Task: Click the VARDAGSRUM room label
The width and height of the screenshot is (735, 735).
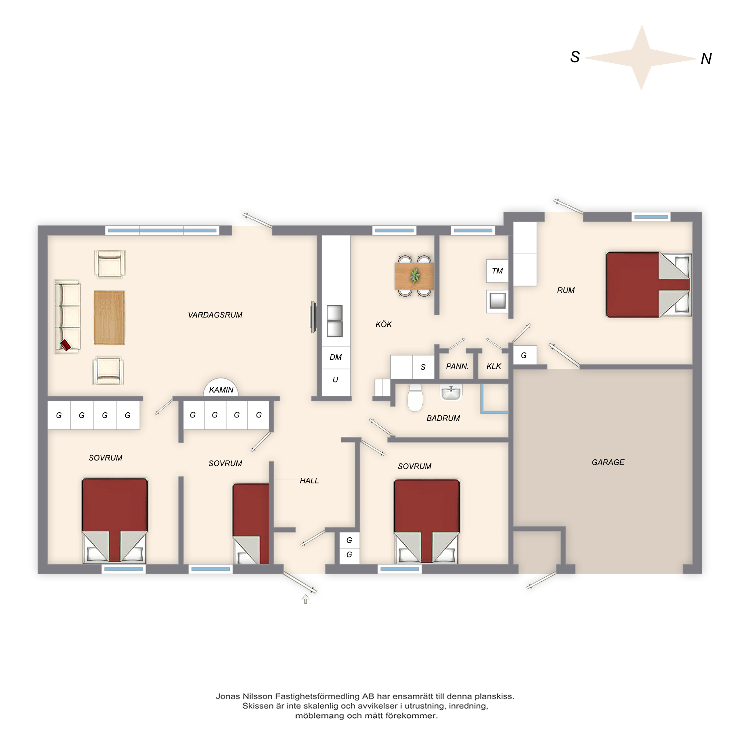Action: tap(215, 315)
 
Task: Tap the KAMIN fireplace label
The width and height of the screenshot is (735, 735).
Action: tap(221, 390)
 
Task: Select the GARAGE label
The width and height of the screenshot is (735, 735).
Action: tap(608, 462)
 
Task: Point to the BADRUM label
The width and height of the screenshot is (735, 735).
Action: tap(443, 418)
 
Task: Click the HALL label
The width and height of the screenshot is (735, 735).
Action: tap(309, 481)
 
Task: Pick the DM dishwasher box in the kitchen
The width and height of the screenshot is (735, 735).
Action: tap(336, 358)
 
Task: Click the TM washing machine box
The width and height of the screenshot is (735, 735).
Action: tap(497, 271)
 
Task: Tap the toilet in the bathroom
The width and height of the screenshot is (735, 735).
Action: tap(415, 398)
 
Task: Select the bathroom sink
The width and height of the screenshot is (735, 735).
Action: tap(451, 392)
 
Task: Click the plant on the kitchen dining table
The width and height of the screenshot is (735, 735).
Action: tap(415, 275)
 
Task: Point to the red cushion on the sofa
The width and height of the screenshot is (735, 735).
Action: tap(65, 345)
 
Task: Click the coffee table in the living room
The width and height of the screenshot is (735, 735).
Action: tap(109, 318)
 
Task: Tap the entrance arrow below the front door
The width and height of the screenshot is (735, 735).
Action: tap(305, 599)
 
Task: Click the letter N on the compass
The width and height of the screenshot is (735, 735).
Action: tap(706, 58)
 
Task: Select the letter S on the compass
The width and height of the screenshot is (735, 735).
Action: tap(575, 57)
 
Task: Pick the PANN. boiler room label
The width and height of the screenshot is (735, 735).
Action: tap(457, 366)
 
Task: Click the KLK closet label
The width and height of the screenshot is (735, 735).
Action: tap(494, 366)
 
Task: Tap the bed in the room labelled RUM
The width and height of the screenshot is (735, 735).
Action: tap(649, 284)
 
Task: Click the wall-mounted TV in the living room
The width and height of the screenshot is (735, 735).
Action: tap(313, 317)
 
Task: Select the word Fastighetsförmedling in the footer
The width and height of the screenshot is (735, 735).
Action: tap(318, 696)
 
